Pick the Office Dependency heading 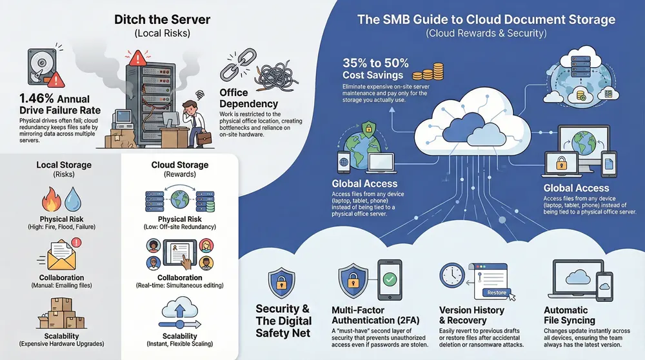click(248, 99)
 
